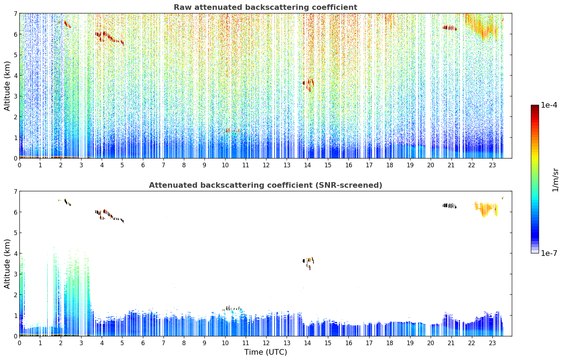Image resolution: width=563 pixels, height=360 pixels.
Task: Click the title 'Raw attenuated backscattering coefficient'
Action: (265, 7)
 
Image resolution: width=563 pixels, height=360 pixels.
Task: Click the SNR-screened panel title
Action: (265, 185)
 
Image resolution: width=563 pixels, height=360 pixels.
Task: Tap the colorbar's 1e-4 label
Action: (549, 105)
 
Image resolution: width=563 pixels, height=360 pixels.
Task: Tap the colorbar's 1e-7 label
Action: (549, 253)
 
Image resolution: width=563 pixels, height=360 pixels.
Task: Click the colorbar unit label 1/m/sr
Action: (555, 180)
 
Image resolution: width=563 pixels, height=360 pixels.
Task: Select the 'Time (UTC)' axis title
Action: (265, 352)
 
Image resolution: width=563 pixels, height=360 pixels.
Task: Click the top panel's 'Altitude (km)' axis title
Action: (7, 86)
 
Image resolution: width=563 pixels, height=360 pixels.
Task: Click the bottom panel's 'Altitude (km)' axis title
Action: (7, 264)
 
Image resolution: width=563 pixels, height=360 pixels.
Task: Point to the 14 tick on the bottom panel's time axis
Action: (307, 343)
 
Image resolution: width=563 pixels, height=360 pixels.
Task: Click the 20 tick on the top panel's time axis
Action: (431, 165)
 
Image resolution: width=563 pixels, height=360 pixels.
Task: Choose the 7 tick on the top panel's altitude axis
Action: (15, 13)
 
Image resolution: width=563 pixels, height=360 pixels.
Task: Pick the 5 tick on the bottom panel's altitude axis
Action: (15, 233)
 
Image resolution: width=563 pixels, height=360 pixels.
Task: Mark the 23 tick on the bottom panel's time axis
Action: (492, 343)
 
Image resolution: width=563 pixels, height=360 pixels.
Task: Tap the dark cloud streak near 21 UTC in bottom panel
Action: (449, 206)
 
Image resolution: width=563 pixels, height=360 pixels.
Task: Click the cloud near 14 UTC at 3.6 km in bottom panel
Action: (308, 263)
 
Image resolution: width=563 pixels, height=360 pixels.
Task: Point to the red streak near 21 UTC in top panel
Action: (449, 28)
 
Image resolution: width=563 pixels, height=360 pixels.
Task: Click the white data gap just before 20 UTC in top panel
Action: (428, 86)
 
